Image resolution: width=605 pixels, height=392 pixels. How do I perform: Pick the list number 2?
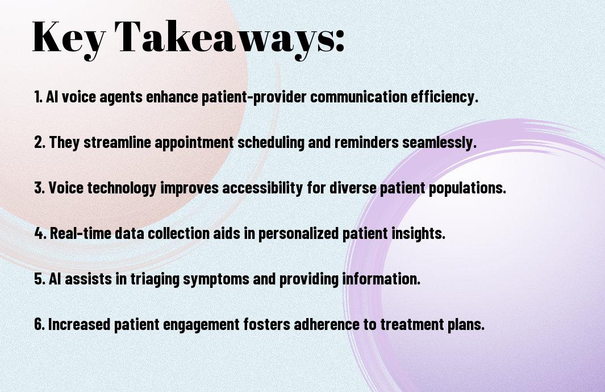pyautogui.click(x=39, y=142)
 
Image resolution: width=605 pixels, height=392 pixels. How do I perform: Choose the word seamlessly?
pyautogui.click(x=439, y=142)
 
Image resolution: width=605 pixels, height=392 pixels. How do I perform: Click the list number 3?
pyautogui.click(x=39, y=188)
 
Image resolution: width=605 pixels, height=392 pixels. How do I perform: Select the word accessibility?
pyautogui.click(x=262, y=188)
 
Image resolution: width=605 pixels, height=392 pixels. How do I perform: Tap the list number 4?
pyautogui.click(x=40, y=233)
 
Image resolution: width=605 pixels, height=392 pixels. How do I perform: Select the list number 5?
pyautogui.click(x=39, y=279)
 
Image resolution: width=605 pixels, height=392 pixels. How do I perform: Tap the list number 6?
pyautogui.click(x=39, y=324)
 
